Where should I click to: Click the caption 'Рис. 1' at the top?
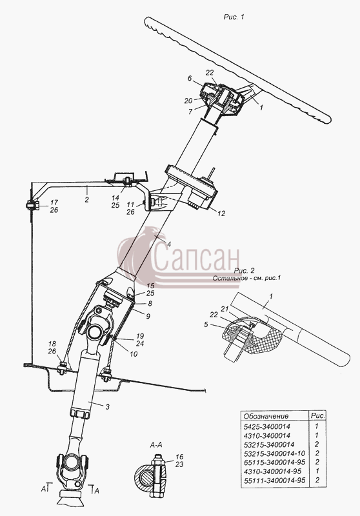(x=234, y=17)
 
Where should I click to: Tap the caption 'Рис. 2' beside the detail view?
(x=244, y=271)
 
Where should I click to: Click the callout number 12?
(x=221, y=213)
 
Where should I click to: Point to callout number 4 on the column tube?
(x=169, y=244)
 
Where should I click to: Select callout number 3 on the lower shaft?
(x=107, y=407)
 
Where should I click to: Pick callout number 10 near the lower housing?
(x=134, y=354)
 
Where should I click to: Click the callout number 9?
(x=148, y=316)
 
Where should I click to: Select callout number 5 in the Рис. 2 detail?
(x=206, y=324)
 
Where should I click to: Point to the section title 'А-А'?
(x=156, y=445)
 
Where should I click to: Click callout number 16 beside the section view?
(x=179, y=457)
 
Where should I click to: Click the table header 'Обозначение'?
(x=266, y=416)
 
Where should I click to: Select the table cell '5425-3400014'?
(x=267, y=427)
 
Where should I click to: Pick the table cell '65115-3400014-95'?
(x=275, y=462)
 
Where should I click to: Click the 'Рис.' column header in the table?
(x=318, y=415)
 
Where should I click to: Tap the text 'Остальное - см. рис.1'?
(x=246, y=278)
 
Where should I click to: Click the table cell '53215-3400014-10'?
(x=275, y=453)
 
